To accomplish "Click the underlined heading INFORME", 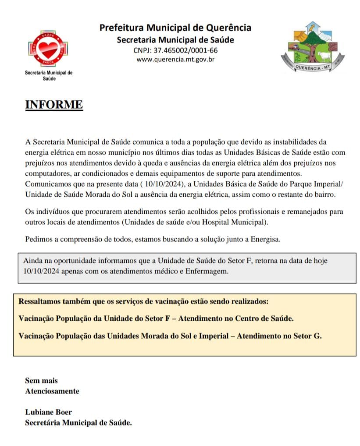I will click(x=54, y=105).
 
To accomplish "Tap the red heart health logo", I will click(x=47, y=48).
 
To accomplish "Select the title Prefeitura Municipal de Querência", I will click(x=175, y=28).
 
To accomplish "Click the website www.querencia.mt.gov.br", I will click(x=175, y=60).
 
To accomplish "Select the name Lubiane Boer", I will click(x=48, y=412).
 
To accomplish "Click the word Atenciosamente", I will click(x=52, y=391).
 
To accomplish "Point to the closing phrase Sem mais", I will click(x=41, y=381).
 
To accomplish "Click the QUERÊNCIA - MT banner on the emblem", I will click(x=313, y=68).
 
